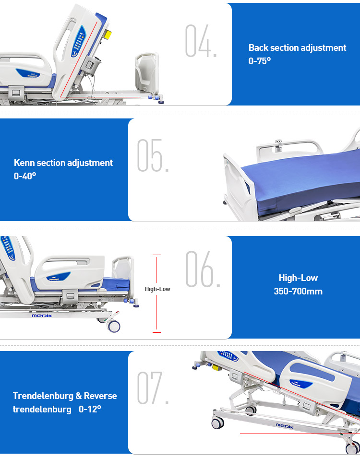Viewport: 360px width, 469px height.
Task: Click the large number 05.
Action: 153,155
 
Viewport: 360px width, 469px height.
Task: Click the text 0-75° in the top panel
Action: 260,61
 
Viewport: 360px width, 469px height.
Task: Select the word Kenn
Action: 24,163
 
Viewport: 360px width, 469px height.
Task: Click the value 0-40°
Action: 25,176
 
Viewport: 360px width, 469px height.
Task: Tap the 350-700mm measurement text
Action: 298,291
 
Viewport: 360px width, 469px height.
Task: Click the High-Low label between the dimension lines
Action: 157,289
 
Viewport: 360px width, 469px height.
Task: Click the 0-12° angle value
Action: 90,409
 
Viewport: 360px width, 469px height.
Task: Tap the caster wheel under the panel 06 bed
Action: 113,326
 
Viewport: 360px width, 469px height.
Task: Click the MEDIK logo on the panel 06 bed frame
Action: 42,316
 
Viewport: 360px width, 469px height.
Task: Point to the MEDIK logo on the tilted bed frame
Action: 286,425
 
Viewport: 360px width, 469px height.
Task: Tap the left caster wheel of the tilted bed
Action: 217,423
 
